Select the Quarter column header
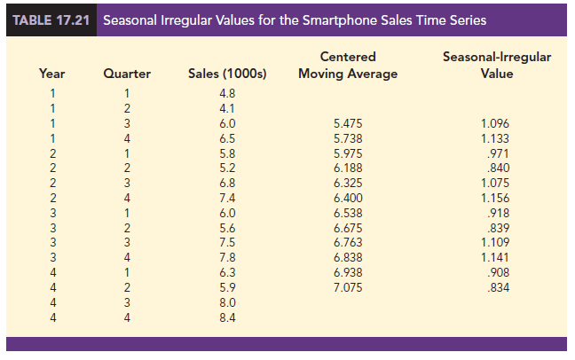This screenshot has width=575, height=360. pos(127,74)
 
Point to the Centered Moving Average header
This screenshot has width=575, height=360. pos(348,66)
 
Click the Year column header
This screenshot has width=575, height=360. pos(51,74)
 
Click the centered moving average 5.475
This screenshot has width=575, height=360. pos(347,123)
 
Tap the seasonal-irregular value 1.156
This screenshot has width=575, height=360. pos(496,199)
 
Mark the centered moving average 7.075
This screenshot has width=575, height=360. pos(347,288)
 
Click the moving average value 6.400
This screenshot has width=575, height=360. pos(347,199)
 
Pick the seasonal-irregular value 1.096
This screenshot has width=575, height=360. pos(496,123)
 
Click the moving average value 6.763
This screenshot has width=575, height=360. pos(347,243)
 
